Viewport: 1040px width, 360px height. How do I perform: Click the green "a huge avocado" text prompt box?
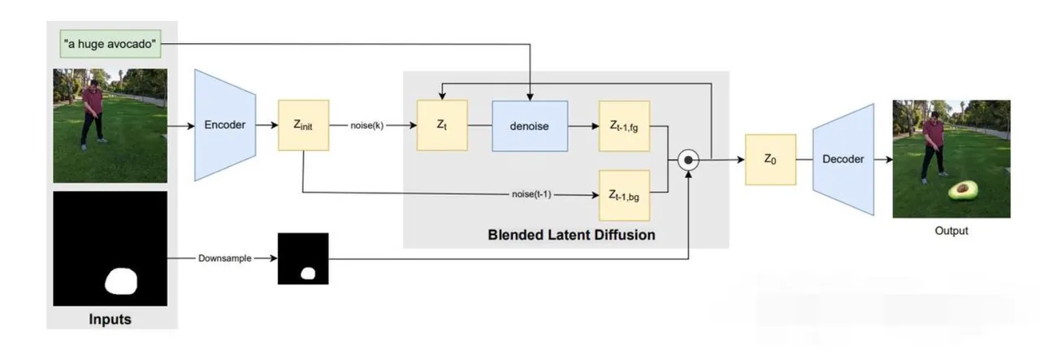tap(110, 43)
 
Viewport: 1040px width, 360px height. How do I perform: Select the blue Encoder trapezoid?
tap(225, 125)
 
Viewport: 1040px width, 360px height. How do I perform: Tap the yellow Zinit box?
tap(304, 126)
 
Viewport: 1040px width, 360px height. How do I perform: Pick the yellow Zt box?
tap(442, 126)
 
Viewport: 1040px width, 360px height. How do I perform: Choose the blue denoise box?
tap(530, 126)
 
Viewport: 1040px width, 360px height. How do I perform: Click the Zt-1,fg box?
tap(624, 126)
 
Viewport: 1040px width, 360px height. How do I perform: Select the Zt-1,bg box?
tap(624, 195)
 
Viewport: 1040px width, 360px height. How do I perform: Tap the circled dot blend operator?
tap(689, 160)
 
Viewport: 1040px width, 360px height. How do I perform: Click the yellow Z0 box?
tap(770, 159)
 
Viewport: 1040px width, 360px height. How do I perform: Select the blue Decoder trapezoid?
tap(843, 159)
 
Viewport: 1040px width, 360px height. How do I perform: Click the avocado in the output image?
tap(964, 190)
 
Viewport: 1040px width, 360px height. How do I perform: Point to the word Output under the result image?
tap(951, 231)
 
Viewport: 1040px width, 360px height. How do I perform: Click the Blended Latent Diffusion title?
tap(571, 235)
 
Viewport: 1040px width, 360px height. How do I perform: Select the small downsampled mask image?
tap(303, 258)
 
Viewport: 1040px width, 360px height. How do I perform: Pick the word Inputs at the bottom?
tap(110, 319)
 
